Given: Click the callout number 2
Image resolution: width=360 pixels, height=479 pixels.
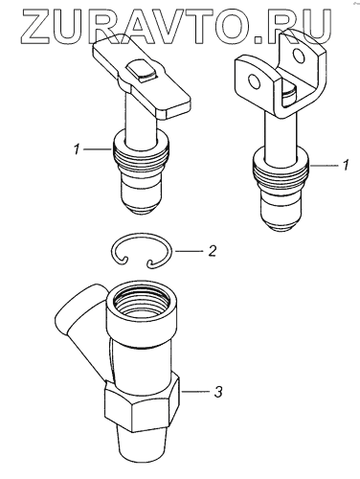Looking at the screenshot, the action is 212,251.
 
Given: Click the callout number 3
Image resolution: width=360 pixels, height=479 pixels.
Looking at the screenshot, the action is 217,392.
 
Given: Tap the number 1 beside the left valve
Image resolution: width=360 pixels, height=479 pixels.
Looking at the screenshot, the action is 77,149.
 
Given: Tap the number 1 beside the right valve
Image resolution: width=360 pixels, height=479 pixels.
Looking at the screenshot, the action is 345,165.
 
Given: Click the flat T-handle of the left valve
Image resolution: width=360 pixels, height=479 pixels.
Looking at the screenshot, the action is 142,77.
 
